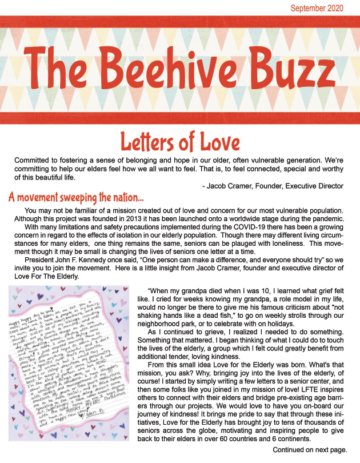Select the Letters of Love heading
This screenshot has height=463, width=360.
coord(179,141)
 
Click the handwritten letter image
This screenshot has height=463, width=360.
coord(72,366)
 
